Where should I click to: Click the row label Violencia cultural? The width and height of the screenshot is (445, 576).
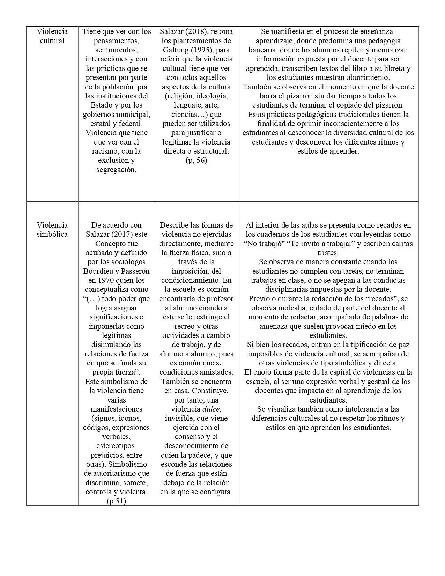click(x=52, y=36)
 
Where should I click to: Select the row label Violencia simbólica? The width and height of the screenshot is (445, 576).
click(x=52, y=229)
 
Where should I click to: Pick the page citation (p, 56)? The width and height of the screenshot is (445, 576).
click(x=196, y=160)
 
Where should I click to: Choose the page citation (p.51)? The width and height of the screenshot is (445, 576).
click(x=116, y=501)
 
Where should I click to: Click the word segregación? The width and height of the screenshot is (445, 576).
click(x=116, y=170)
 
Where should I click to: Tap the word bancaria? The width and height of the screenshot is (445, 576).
click(x=263, y=50)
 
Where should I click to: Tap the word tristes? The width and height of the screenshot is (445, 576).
click(x=328, y=252)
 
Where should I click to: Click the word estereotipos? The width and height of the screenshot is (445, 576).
click(x=116, y=446)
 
